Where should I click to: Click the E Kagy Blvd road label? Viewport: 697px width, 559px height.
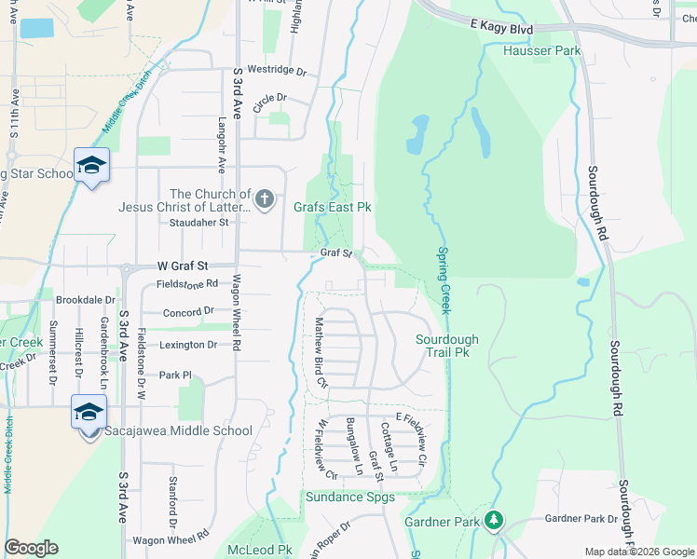(x=500, y=29)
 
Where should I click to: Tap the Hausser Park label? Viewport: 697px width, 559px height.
(x=541, y=50)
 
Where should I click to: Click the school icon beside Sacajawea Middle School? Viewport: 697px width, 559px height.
(x=89, y=412)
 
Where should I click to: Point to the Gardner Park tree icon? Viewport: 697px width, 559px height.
(x=497, y=520)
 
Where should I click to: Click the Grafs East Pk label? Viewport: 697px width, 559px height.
(x=333, y=207)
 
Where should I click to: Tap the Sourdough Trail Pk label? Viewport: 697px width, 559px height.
(x=447, y=347)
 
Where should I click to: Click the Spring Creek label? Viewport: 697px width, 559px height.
(x=444, y=279)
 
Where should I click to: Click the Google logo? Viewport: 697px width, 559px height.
(x=31, y=548)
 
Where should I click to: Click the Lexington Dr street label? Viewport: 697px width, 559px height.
(x=187, y=345)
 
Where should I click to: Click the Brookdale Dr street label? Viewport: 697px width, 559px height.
(x=85, y=300)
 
